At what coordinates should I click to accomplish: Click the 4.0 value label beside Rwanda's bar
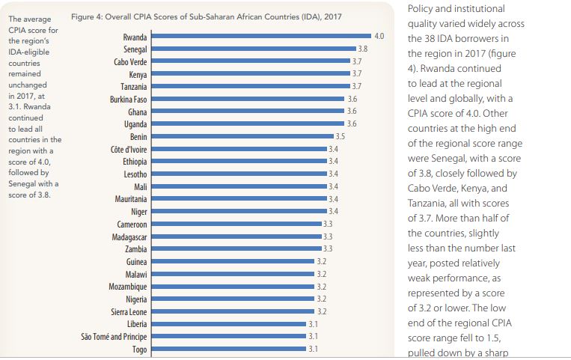(379, 36)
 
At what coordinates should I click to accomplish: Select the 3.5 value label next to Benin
(340, 136)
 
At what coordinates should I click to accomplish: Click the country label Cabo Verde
(130, 61)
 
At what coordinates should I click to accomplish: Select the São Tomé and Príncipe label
(114, 336)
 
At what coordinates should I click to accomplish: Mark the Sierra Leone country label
(126, 311)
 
